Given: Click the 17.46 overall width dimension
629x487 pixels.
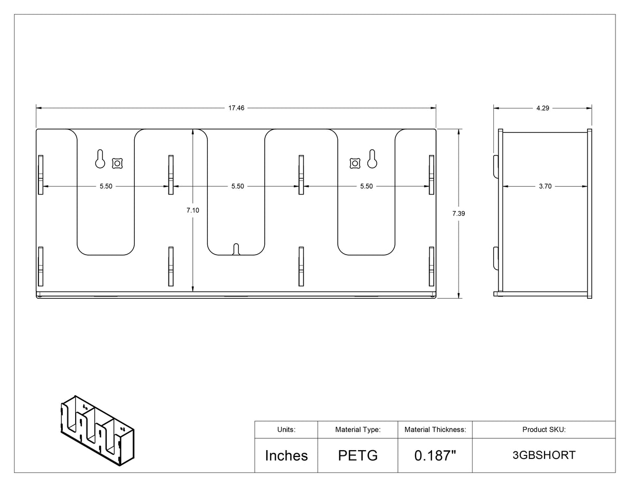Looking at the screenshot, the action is click(x=236, y=108).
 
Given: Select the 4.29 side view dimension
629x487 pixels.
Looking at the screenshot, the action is click(x=542, y=108).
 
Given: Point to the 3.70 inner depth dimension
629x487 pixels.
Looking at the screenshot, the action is click(x=545, y=186).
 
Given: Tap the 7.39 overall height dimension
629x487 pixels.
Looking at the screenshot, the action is click(x=459, y=214).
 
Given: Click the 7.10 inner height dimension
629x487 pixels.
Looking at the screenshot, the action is click(x=193, y=211).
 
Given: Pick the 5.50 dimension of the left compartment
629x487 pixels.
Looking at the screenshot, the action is click(x=106, y=186).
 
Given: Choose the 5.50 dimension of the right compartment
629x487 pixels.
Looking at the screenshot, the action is click(x=366, y=186).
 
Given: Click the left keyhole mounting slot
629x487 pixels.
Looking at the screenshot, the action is click(x=100, y=159).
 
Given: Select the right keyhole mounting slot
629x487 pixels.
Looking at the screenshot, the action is click(x=372, y=159).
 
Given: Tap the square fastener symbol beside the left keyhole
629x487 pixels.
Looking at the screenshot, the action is click(x=117, y=163).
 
